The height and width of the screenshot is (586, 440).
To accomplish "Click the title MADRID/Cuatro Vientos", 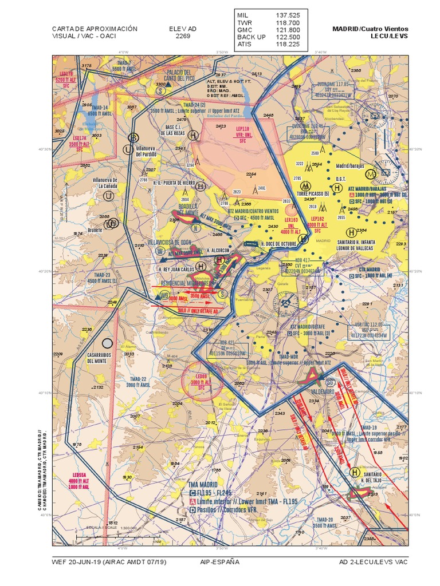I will [x=370, y=29].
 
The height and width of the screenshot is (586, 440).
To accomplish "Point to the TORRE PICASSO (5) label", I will [x=313, y=195].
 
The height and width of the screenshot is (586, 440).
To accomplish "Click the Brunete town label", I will [x=95, y=229].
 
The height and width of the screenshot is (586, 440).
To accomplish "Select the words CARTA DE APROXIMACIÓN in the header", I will [x=95, y=29].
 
